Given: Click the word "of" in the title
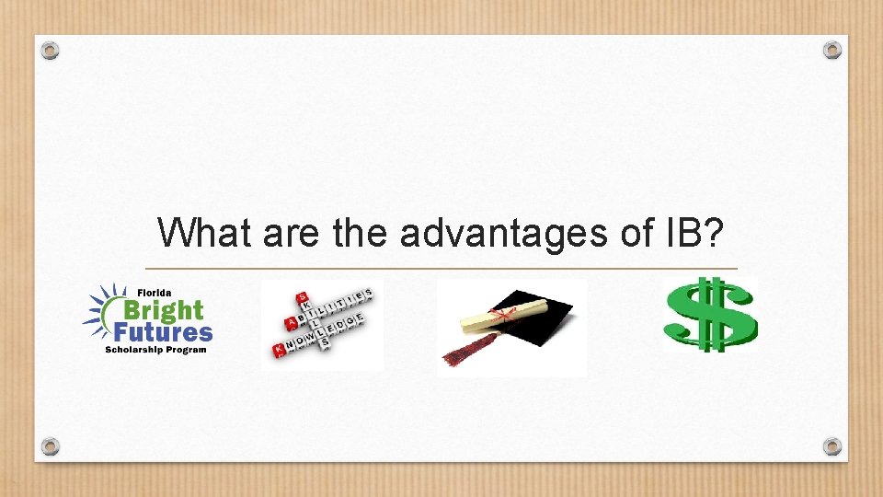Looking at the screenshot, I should [635, 233].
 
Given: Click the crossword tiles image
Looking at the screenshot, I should [322, 325].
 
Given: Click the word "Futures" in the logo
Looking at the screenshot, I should [165, 331].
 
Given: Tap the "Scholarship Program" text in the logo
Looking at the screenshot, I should [156, 350].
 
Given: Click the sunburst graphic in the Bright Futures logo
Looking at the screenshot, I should [99, 311].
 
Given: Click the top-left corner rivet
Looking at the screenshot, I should [51, 50].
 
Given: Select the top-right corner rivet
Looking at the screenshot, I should [831, 50].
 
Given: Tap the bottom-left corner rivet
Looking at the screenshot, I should [51, 446].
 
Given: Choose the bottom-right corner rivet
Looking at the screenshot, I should [831, 446].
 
